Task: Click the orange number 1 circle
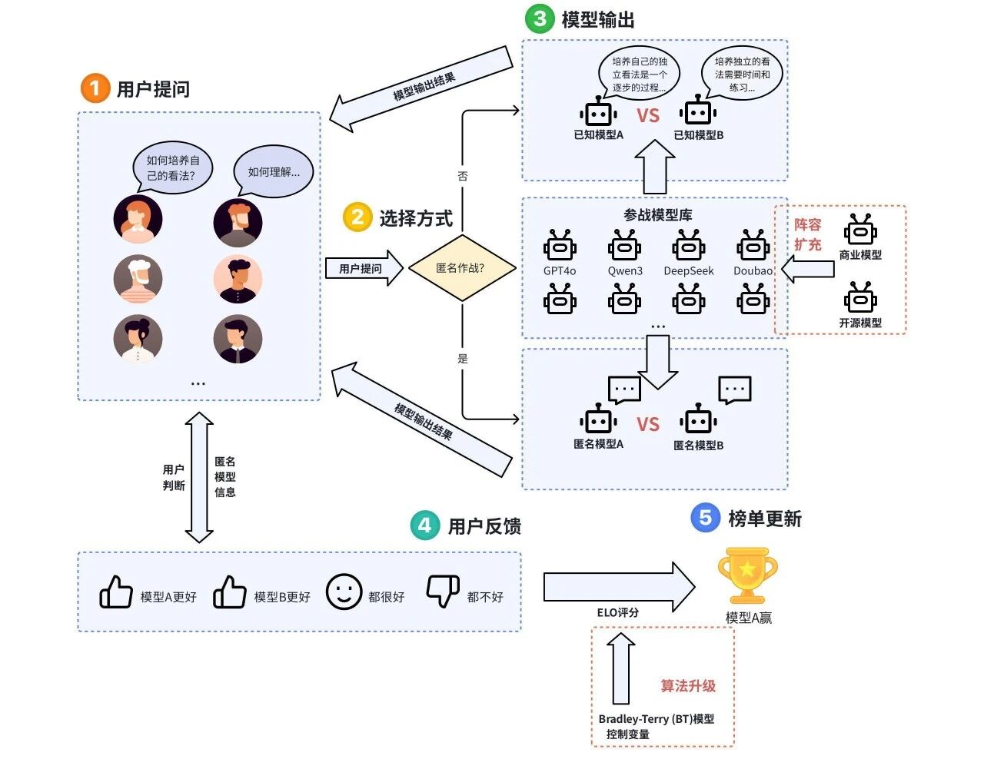pos(95,88)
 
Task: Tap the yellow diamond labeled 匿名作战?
pos(460,268)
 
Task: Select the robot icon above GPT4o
pos(560,247)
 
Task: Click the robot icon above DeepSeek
pos(689,247)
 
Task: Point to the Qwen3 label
pos(625,271)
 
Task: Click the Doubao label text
pos(753,271)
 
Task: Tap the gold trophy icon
pos(747,575)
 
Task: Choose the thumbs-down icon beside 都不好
pos(443,591)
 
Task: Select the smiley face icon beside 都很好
pos(344,592)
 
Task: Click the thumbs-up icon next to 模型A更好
pos(116,592)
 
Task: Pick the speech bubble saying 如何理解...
pos(274,171)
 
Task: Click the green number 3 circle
pos(540,18)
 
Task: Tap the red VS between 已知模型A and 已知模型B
pos(648,116)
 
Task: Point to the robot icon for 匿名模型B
pos(698,420)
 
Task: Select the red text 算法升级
pos(688,686)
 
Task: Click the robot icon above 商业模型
pos(860,230)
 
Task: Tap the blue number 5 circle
pos(705,518)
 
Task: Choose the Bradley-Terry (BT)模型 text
pos(656,719)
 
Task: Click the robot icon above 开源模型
pos(860,298)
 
